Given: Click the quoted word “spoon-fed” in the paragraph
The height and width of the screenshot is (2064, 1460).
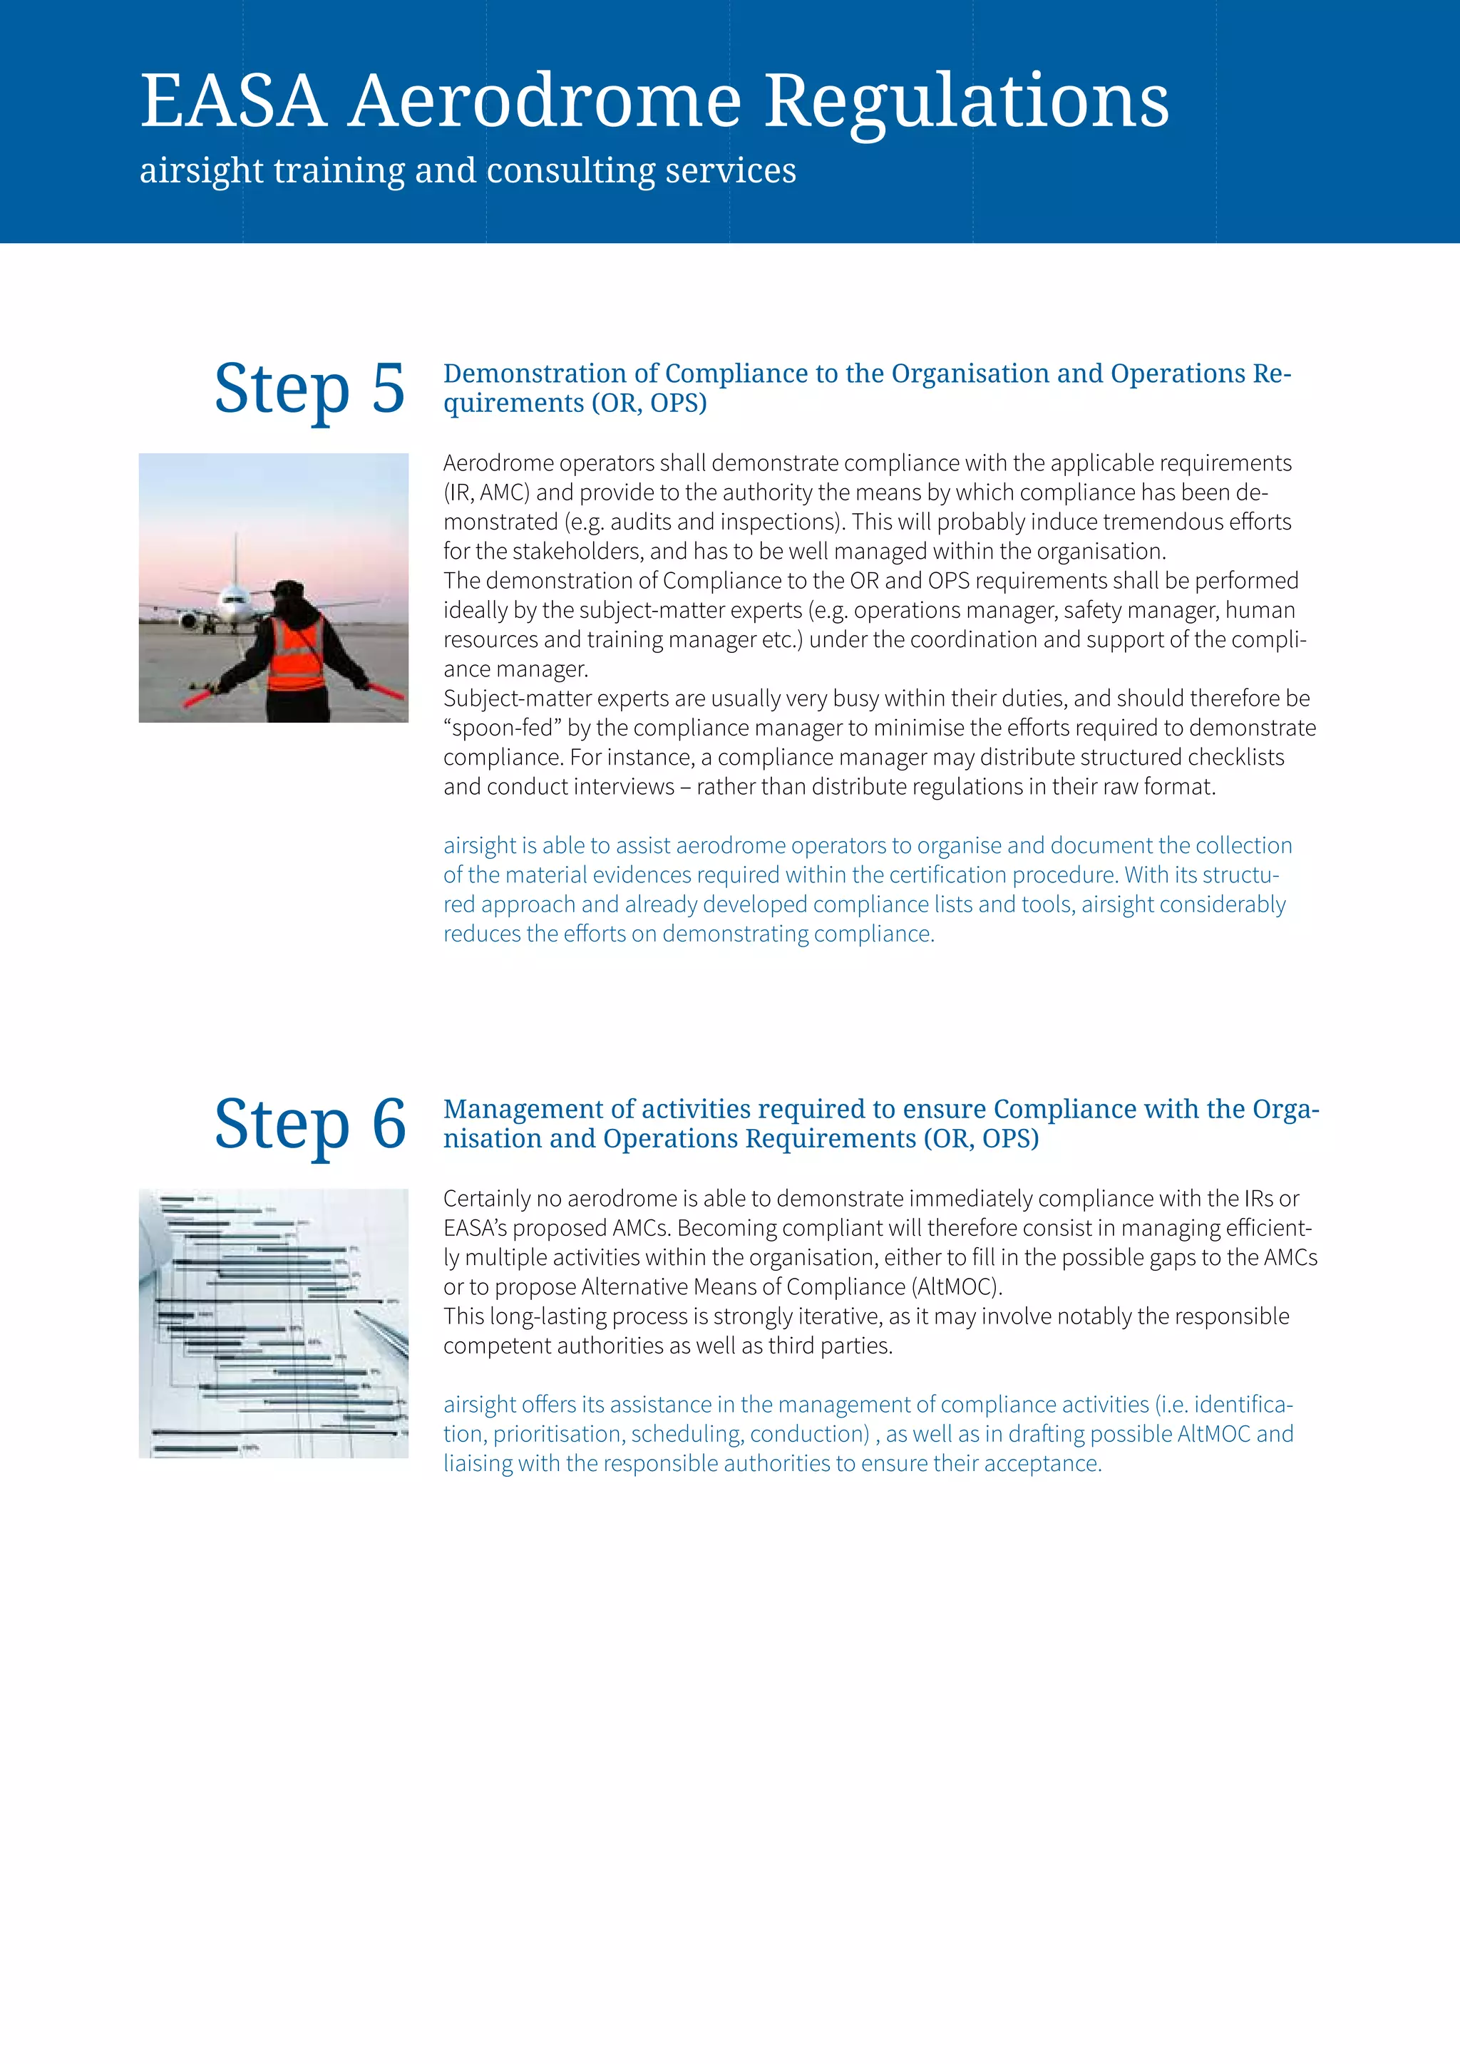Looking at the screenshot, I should point(500,728).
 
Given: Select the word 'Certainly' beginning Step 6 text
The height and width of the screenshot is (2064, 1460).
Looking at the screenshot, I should point(485,1199).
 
